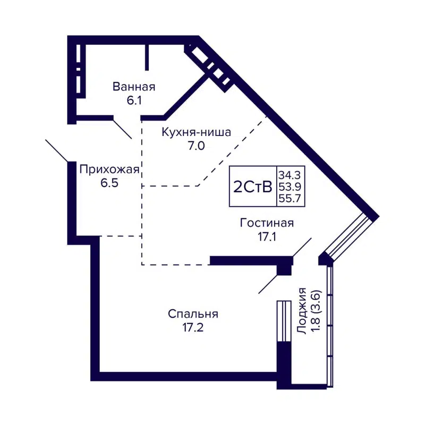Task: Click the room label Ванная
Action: point(133,87)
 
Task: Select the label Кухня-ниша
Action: point(197,133)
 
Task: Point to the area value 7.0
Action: point(197,147)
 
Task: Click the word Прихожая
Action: point(109,170)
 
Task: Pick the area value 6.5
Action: point(109,183)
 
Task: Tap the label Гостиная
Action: point(267,223)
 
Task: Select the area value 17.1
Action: point(267,236)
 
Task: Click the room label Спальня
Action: point(193,314)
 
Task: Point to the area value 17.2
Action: point(193,328)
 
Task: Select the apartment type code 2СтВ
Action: point(253,187)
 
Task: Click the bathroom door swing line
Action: point(122,128)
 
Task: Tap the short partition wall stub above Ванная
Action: point(147,57)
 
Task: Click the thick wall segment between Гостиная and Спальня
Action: point(250,260)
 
